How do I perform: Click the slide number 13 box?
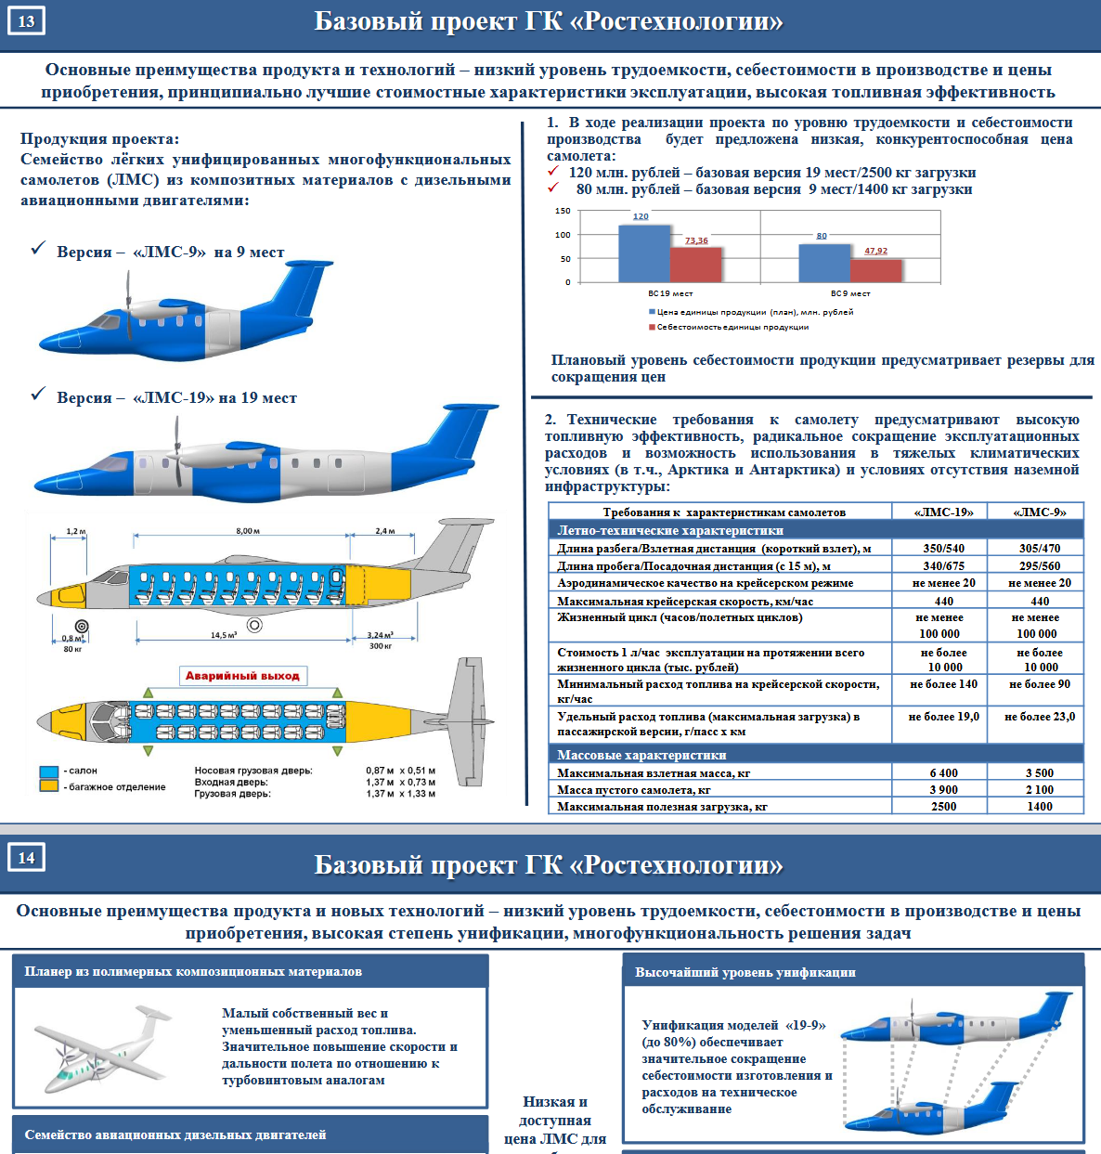pyautogui.click(x=26, y=20)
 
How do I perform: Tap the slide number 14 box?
pyautogui.click(x=26, y=857)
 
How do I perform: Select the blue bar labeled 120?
pyautogui.click(x=643, y=253)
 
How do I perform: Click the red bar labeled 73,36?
pyautogui.click(x=695, y=264)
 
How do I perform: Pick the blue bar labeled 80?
pyautogui.click(x=824, y=262)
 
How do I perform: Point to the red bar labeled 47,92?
pyautogui.click(x=875, y=269)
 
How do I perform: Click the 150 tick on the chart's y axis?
pyautogui.click(x=563, y=211)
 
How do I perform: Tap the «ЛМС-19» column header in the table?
pyautogui.click(x=943, y=512)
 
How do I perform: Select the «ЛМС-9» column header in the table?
pyautogui.click(x=1039, y=512)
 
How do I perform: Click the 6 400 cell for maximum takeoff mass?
pyautogui.click(x=943, y=772)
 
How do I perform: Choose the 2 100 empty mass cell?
pyautogui.click(x=1039, y=789)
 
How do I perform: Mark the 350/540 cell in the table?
pyautogui.click(x=943, y=548)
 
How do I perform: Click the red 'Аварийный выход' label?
pyautogui.click(x=242, y=675)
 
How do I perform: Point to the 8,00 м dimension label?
pyautogui.click(x=248, y=531)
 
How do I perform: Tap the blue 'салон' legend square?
pyautogui.click(x=49, y=771)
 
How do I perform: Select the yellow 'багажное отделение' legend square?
pyautogui.click(x=49, y=786)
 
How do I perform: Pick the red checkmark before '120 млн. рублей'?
pyautogui.click(x=553, y=172)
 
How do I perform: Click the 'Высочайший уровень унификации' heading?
pyautogui.click(x=745, y=972)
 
